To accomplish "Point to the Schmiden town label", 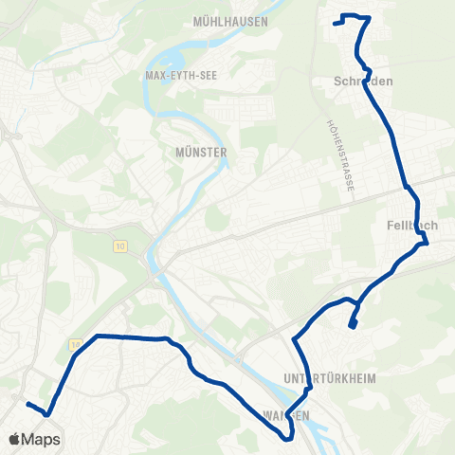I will pyautogui.click(x=363, y=82).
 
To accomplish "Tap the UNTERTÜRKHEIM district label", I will pyautogui.click(x=330, y=378).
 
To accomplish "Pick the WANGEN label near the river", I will pyautogui.click(x=284, y=416).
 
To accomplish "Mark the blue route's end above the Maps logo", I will pyautogui.click(x=27, y=405).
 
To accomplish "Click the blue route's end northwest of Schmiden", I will pyautogui.click(x=336, y=23).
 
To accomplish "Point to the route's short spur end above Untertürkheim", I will pyautogui.click(x=352, y=327).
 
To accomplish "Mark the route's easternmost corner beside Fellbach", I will pyautogui.click(x=428, y=243).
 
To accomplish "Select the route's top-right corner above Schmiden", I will pyautogui.click(x=369, y=17).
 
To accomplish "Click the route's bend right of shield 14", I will pyautogui.click(x=96, y=336).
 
